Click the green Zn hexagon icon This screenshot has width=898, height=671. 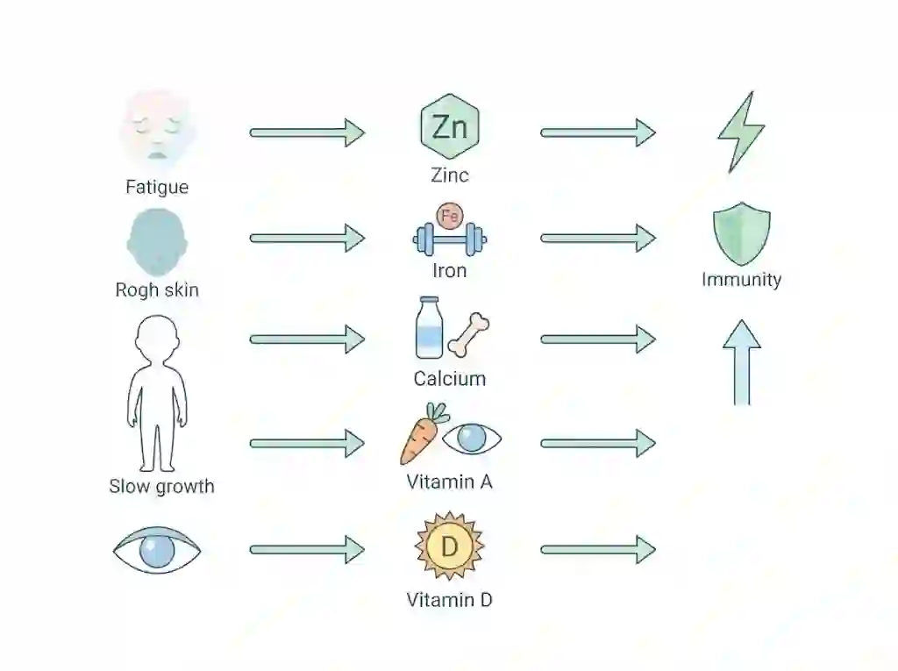pyautogui.click(x=450, y=126)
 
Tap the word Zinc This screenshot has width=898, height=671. pyautogui.click(x=450, y=175)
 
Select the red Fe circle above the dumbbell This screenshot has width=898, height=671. pyautogui.click(x=450, y=216)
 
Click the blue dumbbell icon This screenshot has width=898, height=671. pyautogui.click(x=450, y=239)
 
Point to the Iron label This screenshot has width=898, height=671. pyautogui.click(x=450, y=270)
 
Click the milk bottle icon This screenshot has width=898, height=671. pyautogui.click(x=429, y=327)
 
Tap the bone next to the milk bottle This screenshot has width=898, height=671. pyautogui.click(x=468, y=335)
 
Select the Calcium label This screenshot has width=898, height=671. pyautogui.click(x=450, y=378)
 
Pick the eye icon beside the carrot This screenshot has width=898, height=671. pyautogui.click(x=472, y=439)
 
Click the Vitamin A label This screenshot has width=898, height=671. pyautogui.click(x=450, y=482)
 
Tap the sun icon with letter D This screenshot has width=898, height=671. pyautogui.click(x=450, y=546)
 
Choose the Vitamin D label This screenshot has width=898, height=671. pyautogui.click(x=450, y=599)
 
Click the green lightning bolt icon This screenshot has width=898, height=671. pyautogui.click(x=741, y=132)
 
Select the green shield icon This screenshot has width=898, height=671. pyautogui.click(x=742, y=233)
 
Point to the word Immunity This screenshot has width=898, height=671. pyautogui.click(x=742, y=279)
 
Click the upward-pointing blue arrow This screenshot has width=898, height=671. pyautogui.click(x=742, y=362)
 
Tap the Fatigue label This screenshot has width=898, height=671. pyautogui.click(x=157, y=187)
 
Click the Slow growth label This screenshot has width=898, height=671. pyautogui.click(x=161, y=486)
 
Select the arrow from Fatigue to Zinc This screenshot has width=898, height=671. pyautogui.click(x=308, y=133)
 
